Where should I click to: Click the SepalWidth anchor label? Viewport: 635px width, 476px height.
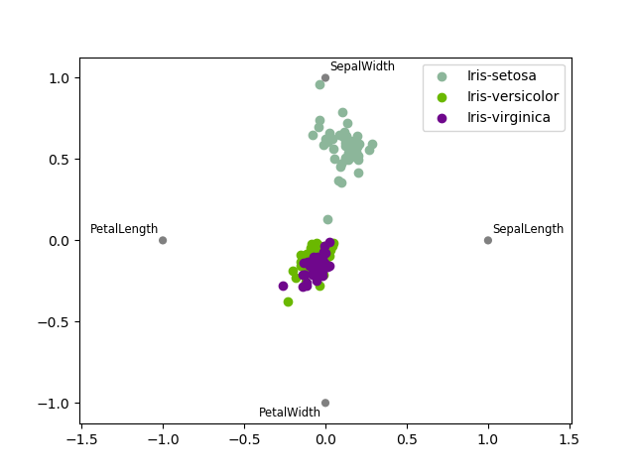[x=362, y=67]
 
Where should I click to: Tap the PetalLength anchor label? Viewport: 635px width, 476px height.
[x=124, y=229]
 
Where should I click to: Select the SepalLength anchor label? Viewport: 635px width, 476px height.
[x=528, y=229]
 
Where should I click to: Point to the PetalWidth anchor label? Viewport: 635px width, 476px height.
[x=290, y=413]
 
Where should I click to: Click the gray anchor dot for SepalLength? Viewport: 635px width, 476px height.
[x=488, y=240]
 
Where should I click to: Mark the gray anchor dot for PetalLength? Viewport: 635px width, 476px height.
[x=163, y=240]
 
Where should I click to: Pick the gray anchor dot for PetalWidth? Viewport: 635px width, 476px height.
[x=325, y=403]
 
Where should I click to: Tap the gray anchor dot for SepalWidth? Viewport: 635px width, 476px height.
[x=325, y=77]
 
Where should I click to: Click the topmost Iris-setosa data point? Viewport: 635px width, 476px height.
[x=319, y=84]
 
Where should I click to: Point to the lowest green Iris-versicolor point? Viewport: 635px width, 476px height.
[x=288, y=301]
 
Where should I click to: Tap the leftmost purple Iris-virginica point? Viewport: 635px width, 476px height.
[x=283, y=286]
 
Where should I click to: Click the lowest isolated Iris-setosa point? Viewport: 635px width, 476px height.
[x=327, y=220]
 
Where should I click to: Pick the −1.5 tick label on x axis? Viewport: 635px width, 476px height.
[x=81, y=440]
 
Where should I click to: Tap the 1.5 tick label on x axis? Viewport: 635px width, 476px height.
[x=570, y=440]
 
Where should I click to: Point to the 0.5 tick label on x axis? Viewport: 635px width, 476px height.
[x=407, y=440]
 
